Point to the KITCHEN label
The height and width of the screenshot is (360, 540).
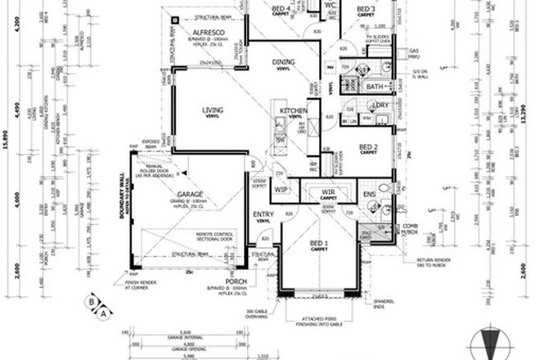[x=293, y=110]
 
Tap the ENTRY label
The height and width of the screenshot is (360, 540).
[x=263, y=215]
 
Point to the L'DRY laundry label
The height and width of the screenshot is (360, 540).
[x=379, y=106]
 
